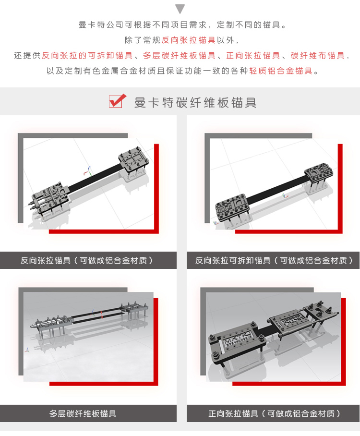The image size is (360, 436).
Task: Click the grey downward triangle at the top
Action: [180, 9]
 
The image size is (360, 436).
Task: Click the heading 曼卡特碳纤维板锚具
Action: [195, 102]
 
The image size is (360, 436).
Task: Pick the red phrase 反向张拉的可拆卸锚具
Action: [87, 55]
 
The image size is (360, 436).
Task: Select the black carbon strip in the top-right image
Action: [276, 190]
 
